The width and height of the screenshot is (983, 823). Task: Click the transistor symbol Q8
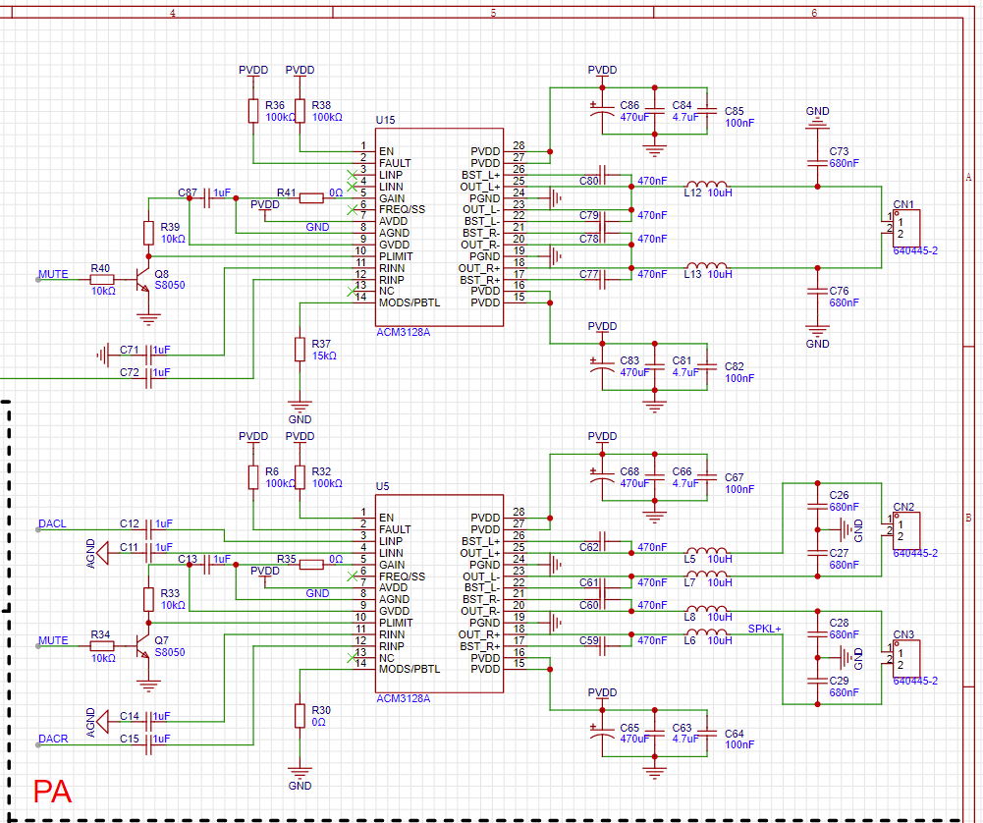[143, 280]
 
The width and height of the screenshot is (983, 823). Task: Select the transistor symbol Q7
[143, 645]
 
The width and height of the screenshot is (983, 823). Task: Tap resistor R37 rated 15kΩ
[300, 350]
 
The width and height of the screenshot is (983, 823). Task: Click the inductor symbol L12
[707, 184]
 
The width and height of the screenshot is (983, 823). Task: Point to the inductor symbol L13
[707, 265]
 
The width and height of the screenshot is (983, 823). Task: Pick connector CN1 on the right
[904, 228]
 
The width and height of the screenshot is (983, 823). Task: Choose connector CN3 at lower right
[904, 658]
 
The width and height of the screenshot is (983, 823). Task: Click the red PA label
[52, 792]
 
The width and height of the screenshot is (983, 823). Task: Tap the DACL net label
[52, 523]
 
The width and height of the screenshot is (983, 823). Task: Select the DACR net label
[53, 739]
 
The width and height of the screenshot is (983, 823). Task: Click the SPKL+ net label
[764, 629]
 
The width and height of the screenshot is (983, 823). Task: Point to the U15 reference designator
[386, 120]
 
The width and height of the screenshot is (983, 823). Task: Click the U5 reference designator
[382, 486]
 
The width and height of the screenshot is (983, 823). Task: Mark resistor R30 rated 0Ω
[300, 716]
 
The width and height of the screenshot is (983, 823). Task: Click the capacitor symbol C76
[817, 292]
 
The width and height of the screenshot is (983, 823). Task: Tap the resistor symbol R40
[102, 280]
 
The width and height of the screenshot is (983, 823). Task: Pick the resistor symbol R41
[311, 198]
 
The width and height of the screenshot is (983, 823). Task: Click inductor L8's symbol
[707, 609]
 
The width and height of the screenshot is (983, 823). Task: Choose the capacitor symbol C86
[602, 111]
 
